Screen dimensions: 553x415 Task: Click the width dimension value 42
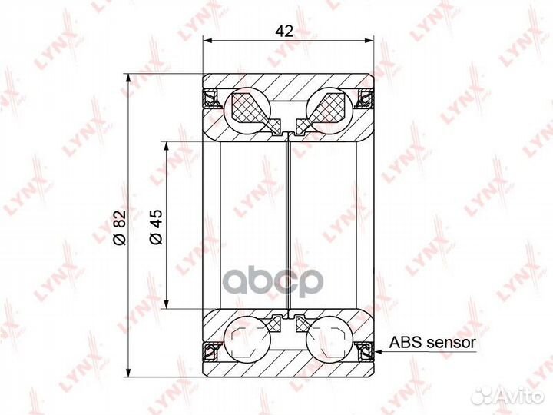point(284,31)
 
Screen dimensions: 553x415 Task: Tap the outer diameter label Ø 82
point(120,227)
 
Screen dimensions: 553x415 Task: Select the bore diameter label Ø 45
point(156,227)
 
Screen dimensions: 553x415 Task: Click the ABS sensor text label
point(432,342)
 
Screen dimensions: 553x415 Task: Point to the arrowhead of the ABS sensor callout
point(378,351)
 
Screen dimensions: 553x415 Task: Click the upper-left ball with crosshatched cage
point(247,106)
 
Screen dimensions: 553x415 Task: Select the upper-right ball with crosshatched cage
point(329,106)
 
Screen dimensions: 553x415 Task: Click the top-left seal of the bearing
point(211,99)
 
